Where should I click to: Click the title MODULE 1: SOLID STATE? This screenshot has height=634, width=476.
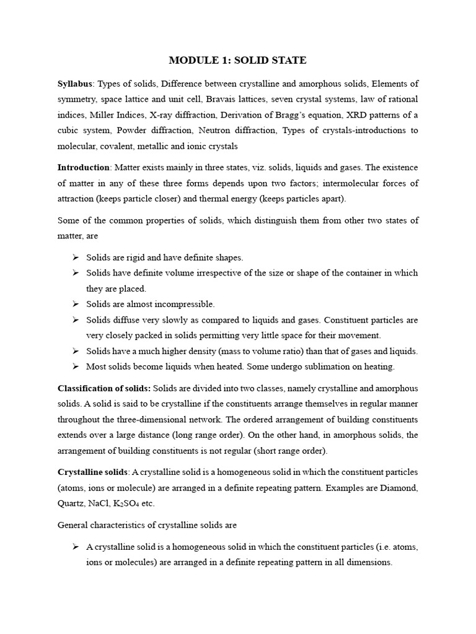tap(238, 60)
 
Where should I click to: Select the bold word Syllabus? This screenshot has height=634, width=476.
tap(74, 84)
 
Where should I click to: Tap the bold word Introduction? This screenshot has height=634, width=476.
tap(83, 168)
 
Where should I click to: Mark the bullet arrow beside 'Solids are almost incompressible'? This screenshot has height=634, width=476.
tap(75, 304)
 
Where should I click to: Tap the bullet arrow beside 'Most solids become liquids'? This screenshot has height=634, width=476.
tap(75, 367)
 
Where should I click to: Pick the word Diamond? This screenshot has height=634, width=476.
tap(399, 488)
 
